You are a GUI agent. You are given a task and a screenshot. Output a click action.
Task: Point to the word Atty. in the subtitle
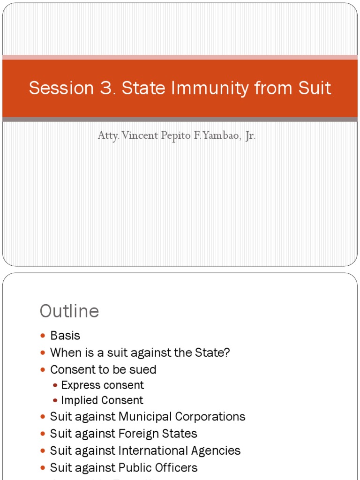pos(108,136)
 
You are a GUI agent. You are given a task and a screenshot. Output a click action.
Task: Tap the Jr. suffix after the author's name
pos(249,136)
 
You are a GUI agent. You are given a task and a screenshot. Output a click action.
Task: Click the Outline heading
pos(69,311)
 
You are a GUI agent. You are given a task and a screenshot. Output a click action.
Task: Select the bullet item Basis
pos(65,336)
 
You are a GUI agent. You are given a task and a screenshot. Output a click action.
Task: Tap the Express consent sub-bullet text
pos(102,385)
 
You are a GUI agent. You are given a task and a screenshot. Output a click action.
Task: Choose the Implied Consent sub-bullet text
pos(102,400)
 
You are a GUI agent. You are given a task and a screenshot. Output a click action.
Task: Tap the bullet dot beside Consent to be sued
pos(43,370)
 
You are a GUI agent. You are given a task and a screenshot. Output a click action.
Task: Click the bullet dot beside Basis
pos(43,336)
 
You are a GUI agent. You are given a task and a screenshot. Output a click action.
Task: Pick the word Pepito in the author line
pos(174,136)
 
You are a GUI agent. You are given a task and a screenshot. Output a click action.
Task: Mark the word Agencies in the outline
pos(216,450)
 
